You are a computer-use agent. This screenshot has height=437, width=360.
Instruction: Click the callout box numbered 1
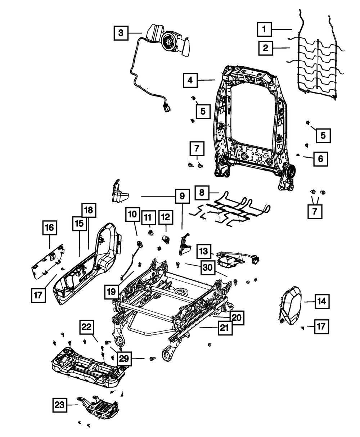point(264,29)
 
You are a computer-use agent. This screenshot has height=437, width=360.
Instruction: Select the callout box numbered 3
point(121,33)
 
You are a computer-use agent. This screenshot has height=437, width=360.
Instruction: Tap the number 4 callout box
point(190,81)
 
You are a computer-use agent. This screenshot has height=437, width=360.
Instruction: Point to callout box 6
point(320,158)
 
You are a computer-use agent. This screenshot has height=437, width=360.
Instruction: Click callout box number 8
point(202,193)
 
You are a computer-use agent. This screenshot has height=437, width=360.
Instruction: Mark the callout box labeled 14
point(322,301)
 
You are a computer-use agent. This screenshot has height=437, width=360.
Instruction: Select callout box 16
point(50,227)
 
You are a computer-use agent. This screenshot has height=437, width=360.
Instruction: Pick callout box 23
point(60,405)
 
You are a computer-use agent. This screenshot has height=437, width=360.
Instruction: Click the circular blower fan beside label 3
point(168,41)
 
